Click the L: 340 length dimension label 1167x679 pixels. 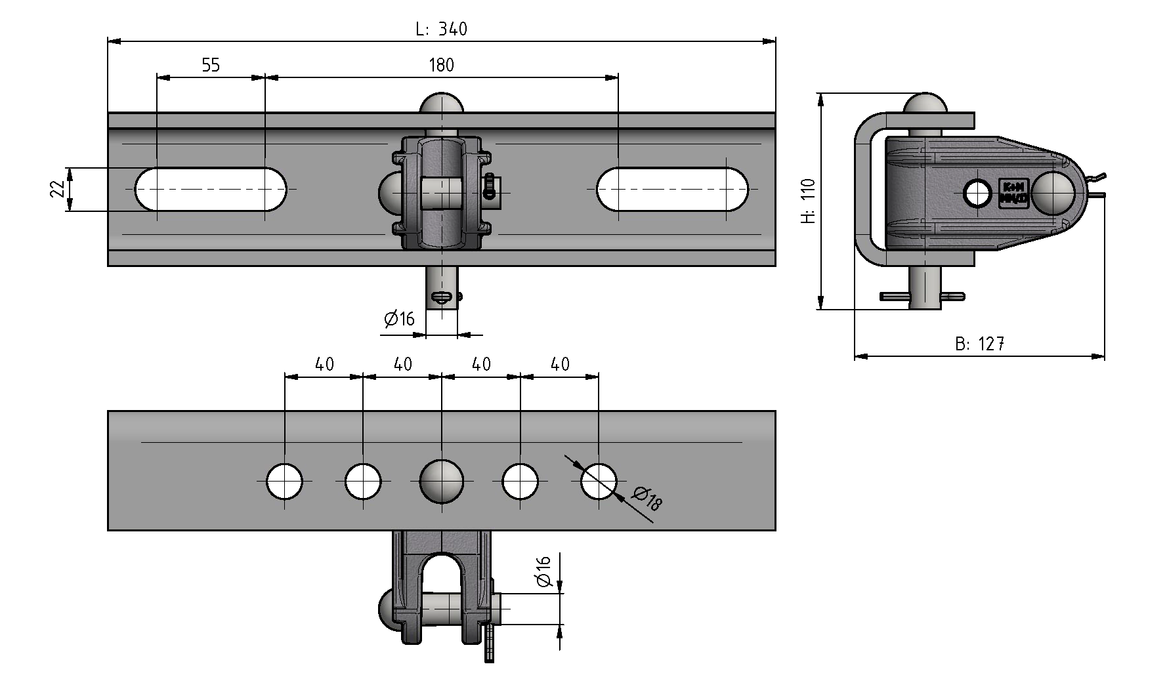pos(442,29)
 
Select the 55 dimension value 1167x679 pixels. pos(211,65)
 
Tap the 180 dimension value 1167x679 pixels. pos(441,65)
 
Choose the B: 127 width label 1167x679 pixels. pos(980,344)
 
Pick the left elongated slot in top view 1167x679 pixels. pos(211,190)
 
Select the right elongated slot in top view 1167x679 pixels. pos(673,190)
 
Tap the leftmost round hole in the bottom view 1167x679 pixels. pos(285,482)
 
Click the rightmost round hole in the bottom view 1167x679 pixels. pos(599,482)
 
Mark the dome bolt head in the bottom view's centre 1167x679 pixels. pos(442,481)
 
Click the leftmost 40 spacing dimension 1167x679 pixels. pos(324,364)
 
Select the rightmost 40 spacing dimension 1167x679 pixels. pos(559,364)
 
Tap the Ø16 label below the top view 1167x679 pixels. pos(400,319)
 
